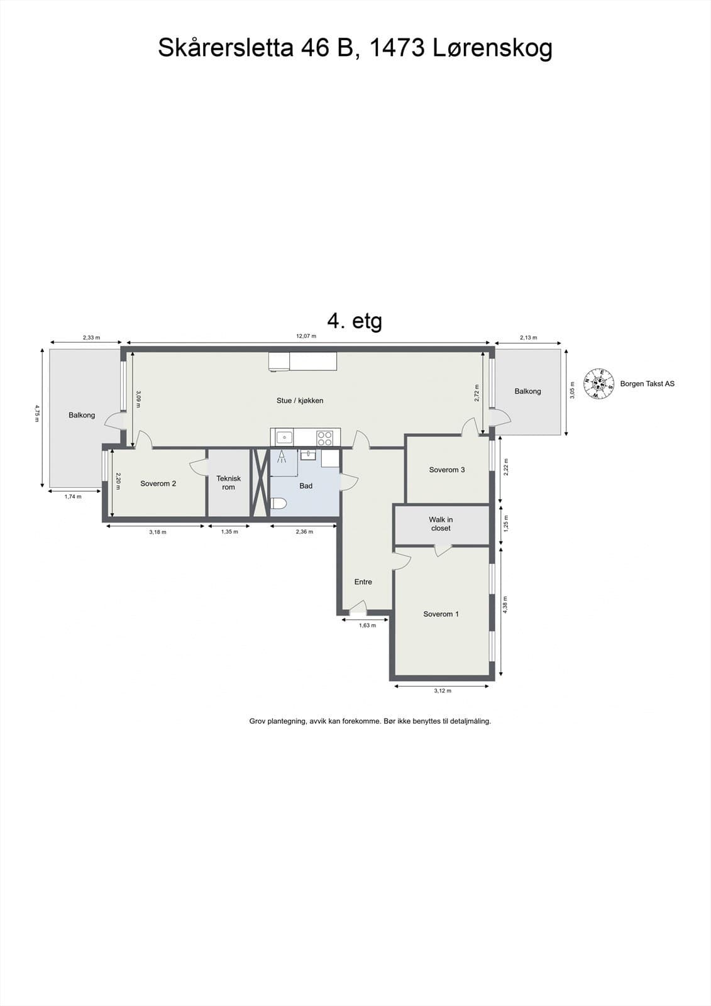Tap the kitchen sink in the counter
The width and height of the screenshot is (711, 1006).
[x=284, y=437]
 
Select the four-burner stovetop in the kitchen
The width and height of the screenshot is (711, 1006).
[x=324, y=438]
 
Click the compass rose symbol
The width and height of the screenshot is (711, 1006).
[x=598, y=384]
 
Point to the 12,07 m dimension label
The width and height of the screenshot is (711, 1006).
[x=306, y=336]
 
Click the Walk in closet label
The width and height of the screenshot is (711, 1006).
[x=441, y=524]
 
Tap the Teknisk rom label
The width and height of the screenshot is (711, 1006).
[x=229, y=483]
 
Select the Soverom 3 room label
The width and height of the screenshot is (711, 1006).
[x=447, y=470]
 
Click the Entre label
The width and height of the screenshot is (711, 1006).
[x=363, y=582]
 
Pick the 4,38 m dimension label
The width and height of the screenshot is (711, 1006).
[x=505, y=604]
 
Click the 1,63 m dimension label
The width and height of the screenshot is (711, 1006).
[x=367, y=625]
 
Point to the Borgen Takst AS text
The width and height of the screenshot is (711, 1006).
[x=648, y=384]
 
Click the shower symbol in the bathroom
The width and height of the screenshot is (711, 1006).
[x=282, y=456]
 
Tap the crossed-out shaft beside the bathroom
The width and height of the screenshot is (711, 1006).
[x=260, y=483]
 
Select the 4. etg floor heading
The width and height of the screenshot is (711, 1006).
[x=355, y=321]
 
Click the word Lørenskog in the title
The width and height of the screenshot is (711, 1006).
[x=493, y=48]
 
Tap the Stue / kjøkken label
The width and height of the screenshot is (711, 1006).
[x=300, y=401]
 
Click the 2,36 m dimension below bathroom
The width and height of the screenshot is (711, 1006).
[x=304, y=532]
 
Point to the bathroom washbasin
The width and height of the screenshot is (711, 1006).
[x=309, y=455]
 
